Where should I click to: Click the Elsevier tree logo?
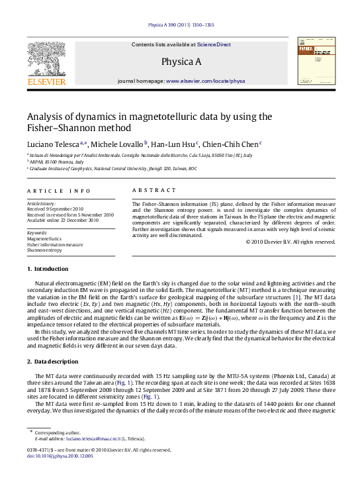[x=46, y=58]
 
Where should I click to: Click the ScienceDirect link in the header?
[x=214, y=44]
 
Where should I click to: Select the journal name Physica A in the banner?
[x=181, y=62]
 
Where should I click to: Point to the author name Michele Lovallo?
[x=116, y=143]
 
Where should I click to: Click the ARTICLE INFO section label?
[x=59, y=191]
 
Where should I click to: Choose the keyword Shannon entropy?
[x=44, y=250]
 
